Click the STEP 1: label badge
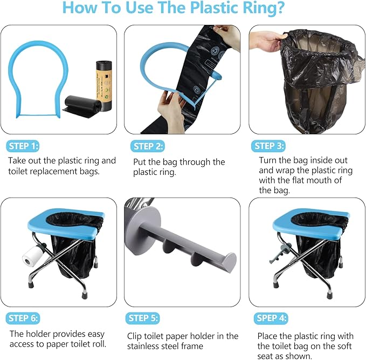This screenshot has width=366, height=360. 23,146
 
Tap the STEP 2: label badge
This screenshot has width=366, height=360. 147,146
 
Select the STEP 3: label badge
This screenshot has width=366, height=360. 268,146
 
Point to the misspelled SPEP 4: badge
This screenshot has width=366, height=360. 271,318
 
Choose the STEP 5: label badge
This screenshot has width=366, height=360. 143,318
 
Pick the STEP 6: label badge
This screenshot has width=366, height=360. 23,318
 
